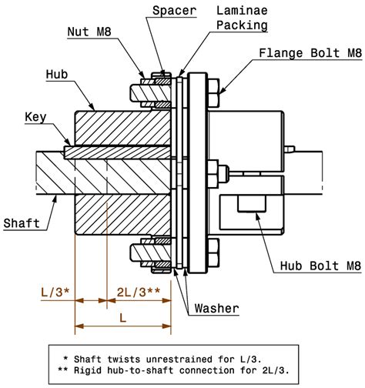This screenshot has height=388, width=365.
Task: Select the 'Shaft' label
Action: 22,223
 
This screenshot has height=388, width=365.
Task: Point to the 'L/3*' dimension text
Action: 55,291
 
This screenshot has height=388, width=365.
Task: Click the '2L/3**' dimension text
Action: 138,291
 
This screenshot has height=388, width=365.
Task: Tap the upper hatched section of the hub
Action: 122,129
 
